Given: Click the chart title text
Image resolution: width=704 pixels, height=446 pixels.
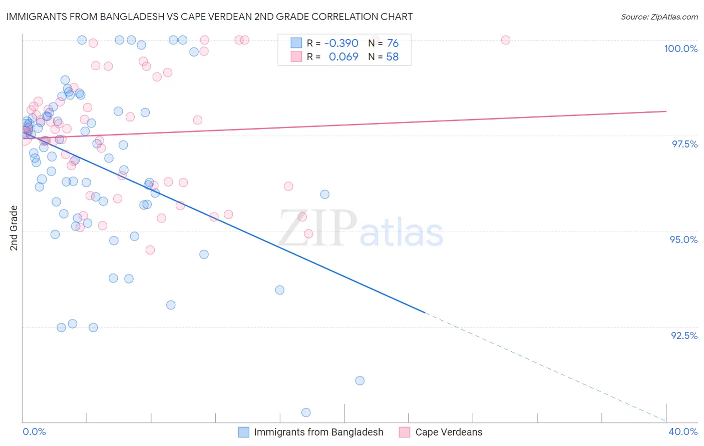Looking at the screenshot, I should tap(210, 16).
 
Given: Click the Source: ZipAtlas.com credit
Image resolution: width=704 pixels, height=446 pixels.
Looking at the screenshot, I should tap(659, 17).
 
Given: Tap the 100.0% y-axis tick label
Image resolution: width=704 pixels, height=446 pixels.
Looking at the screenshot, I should tap(680, 48).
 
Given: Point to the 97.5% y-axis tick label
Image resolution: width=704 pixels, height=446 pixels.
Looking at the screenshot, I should tap(684, 144).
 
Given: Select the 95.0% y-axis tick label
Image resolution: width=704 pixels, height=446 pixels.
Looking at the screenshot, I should tap(683, 239).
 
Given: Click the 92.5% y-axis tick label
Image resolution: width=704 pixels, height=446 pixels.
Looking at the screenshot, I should tap(684, 335).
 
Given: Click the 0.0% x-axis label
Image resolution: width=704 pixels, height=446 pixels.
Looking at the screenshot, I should tap(34, 431).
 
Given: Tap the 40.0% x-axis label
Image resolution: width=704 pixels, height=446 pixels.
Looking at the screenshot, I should tap(682, 431).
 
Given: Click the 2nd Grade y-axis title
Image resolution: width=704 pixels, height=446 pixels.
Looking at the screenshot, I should tap(14, 228).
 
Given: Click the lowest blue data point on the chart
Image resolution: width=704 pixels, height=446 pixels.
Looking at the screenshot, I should tap(306, 412).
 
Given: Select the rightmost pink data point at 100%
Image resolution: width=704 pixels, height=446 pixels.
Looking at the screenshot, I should tap(506, 40).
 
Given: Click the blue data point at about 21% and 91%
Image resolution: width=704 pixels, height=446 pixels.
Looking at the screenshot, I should tap(360, 380).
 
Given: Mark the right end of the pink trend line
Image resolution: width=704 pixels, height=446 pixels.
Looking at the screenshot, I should tap(666, 111).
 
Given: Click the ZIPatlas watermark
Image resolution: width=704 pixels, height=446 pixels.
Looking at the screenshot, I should tap(361, 229).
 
